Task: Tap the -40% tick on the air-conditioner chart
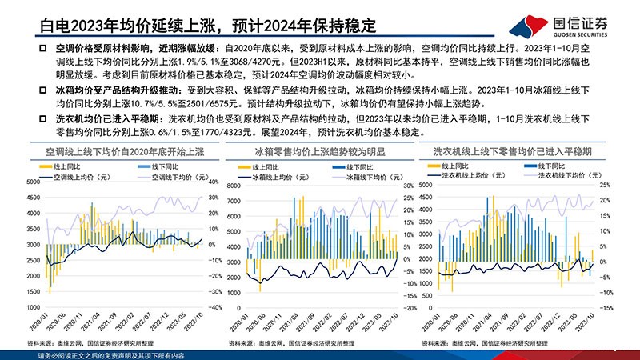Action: point(214,306)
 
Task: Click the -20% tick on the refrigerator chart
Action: point(407,306)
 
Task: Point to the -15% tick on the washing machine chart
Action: point(606,306)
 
